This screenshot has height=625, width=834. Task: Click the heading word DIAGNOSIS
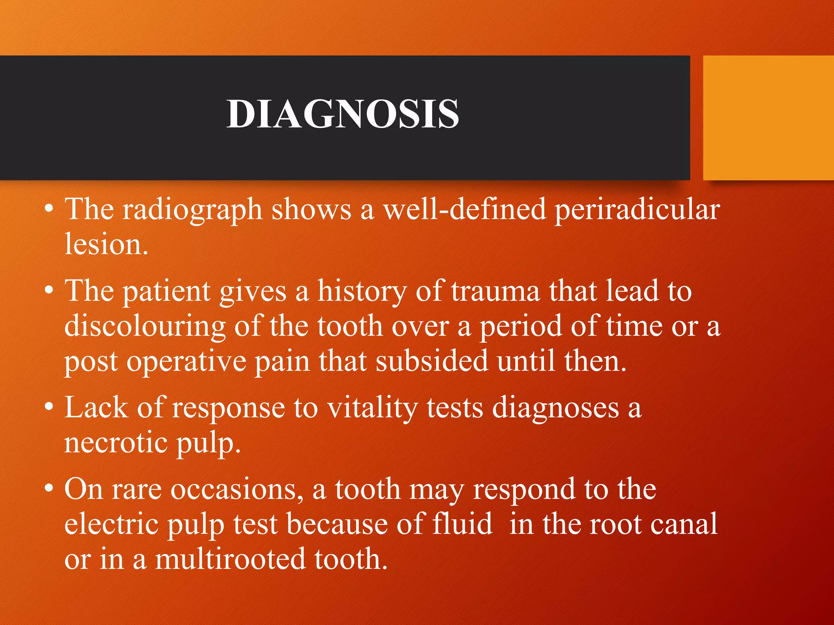click(x=343, y=114)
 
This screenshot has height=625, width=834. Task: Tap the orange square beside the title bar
click(x=768, y=118)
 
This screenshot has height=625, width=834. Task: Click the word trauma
click(x=495, y=291)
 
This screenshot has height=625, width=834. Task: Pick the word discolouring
click(x=145, y=327)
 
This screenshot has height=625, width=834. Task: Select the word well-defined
click(x=464, y=210)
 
